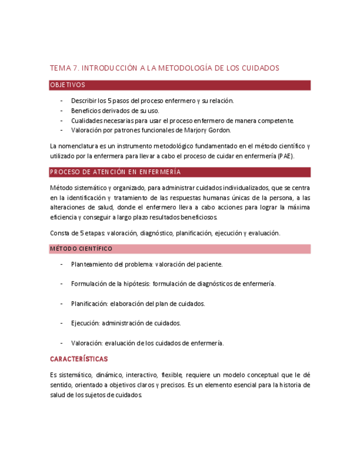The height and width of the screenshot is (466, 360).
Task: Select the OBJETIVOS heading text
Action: [x=68, y=85]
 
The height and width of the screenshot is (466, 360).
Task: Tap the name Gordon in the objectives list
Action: [x=219, y=130]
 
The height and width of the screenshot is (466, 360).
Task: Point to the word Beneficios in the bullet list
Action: [x=86, y=110]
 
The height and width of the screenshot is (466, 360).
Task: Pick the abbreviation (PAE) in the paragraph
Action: [x=286, y=156]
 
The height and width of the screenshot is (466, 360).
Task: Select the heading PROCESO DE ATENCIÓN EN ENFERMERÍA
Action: [x=115, y=172]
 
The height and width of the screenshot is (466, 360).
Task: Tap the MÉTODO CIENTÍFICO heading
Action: [x=81, y=249]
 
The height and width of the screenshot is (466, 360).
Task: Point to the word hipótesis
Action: [x=137, y=284]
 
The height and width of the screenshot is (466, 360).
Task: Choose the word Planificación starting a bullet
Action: [x=89, y=304]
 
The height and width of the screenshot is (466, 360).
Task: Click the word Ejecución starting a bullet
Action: [x=85, y=324]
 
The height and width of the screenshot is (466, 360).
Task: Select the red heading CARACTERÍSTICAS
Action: [x=79, y=359]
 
